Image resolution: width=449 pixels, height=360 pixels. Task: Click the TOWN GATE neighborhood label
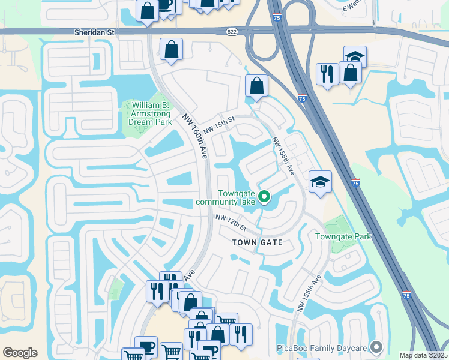tap(257, 242)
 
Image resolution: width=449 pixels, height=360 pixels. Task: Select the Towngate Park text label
tap(344, 236)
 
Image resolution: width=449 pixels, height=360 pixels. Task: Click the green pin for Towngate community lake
tap(263, 196)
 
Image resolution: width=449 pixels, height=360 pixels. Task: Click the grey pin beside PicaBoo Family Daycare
tap(377, 347)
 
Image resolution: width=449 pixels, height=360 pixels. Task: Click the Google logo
tap(20, 353)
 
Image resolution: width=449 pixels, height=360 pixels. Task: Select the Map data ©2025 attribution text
tap(423, 355)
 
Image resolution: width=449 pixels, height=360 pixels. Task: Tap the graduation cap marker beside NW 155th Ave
tap(320, 182)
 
